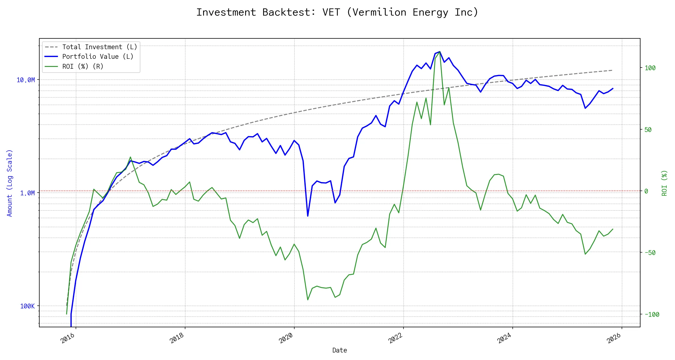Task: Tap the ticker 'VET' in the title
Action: point(331,12)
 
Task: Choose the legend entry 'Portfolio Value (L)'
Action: point(98,57)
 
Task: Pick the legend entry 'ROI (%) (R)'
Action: point(83,67)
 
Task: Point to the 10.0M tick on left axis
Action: point(25,80)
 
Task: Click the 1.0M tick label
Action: point(27,193)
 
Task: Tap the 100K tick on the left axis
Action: point(27,306)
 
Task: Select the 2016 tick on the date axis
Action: point(68,338)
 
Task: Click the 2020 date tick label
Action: point(286,338)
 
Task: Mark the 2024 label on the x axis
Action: point(504,338)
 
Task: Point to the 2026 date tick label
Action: point(613,338)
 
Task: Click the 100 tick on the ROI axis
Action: point(650,68)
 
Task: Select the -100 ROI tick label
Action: point(652,315)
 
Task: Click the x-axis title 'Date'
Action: point(340,350)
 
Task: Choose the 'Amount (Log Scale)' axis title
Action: point(10,183)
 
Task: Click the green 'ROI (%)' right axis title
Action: point(664,183)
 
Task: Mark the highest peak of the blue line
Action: point(439,52)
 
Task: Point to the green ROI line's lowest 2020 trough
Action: point(308,300)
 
